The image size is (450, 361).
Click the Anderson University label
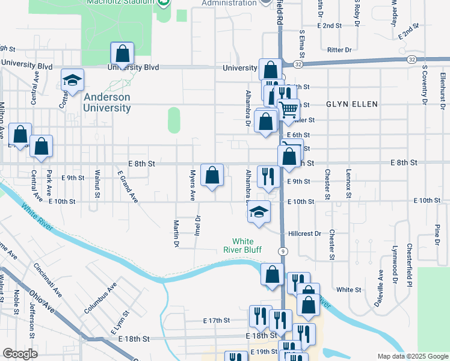click(107, 103)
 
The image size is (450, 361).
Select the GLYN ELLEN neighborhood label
click(352, 104)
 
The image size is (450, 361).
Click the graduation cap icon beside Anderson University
click(72, 81)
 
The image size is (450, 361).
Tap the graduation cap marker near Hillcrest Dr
click(259, 213)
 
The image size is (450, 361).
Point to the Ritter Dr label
click(339, 50)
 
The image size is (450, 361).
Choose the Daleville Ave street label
click(379, 289)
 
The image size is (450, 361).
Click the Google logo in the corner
click(20, 354)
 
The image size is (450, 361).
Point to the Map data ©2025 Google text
click(413, 356)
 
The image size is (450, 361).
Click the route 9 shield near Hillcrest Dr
click(282, 250)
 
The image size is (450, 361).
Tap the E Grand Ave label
click(128, 186)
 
